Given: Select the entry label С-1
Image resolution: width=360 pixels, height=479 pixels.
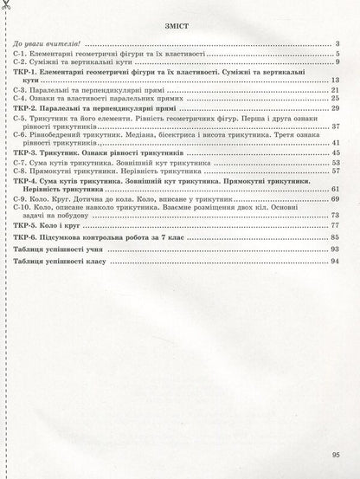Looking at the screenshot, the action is point(22,54).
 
